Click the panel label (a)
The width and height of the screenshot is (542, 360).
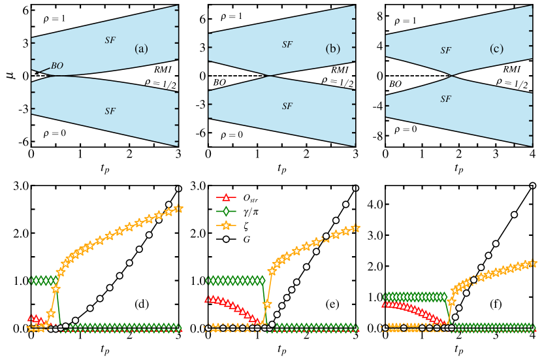(141, 49)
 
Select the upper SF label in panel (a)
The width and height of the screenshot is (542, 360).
(110, 40)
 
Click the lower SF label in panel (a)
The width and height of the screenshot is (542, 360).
(110, 111)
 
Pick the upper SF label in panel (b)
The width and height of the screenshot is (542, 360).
(287, 44)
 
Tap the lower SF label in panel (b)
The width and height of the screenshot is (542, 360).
(287, 106)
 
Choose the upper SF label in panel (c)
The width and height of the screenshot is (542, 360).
(445, 50)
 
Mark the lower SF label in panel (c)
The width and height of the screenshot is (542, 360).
(445, 99)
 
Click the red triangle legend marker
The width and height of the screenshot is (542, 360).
(226, 197)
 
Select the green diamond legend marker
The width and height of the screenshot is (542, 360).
(226, 211)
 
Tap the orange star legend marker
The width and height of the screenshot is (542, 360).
(226, 225)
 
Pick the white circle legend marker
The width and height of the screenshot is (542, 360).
(226, 239)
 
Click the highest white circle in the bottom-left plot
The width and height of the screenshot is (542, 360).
(178, 189)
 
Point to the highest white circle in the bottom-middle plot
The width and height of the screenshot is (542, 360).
(355, 188)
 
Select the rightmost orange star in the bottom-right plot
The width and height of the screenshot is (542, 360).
(533, 263)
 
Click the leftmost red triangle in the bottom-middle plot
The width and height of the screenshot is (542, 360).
(208, 299)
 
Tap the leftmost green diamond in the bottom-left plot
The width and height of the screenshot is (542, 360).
(31, 281)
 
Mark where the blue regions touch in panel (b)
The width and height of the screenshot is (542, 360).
(270, 76)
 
